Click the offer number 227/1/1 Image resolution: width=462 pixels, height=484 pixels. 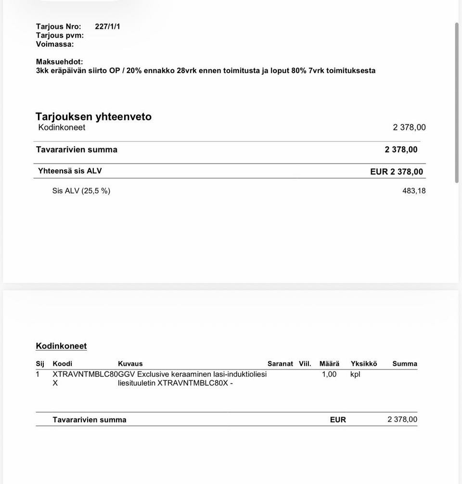(107, 26)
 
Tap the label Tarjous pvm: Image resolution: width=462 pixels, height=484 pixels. (60, 35)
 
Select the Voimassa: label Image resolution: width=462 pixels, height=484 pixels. (55, 44)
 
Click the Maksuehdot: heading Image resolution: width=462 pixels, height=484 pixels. (59, 62)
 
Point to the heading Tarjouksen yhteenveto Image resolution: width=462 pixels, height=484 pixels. (93, 116)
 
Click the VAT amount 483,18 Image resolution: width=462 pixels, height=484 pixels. (414, 191)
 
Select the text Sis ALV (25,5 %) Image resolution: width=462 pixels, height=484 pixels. (81, 191)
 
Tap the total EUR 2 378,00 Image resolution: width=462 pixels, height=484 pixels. (397, 172)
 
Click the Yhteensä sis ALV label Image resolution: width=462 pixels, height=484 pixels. (70, 171)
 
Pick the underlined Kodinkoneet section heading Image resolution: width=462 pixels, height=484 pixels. (61, 346)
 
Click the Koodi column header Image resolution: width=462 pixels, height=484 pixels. (62, 364)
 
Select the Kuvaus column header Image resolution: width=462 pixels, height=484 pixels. (130, 364)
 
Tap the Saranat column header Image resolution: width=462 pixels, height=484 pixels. (280, 364)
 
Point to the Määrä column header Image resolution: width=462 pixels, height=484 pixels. (329, 364)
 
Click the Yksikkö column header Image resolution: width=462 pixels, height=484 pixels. (364, 364)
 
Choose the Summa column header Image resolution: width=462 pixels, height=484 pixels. (405, 364)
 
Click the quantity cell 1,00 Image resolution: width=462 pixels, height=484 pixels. (329, 374)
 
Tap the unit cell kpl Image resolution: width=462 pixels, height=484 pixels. (355, 374)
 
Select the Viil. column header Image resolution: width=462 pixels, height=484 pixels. (305, 364)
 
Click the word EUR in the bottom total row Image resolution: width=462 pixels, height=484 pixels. (338, 420)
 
